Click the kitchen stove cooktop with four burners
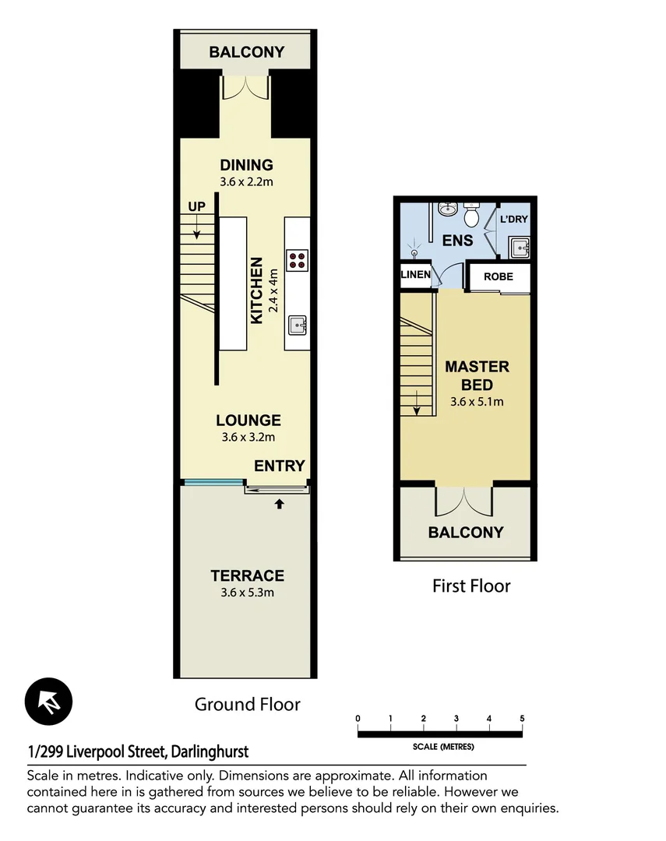click(x=297, y=259)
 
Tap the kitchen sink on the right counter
click(x=297, y=323)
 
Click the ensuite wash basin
click(x=447, y=209)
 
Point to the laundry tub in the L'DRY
click(x=520, y=248)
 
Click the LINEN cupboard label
click(x=414, y=275)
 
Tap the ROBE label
click(x=498, y=276)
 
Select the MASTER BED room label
click(x=477, y=375)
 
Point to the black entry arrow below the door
click(x=279, y=504)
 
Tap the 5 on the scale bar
click(x=522, y=718)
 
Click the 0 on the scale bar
click(x=358, y=718)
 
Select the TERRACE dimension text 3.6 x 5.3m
click(x=247, y=593)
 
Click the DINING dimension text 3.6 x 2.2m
click(x=246, y=182)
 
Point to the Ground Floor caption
click(x=247, y=704)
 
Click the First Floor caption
click(x=471, y=586)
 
